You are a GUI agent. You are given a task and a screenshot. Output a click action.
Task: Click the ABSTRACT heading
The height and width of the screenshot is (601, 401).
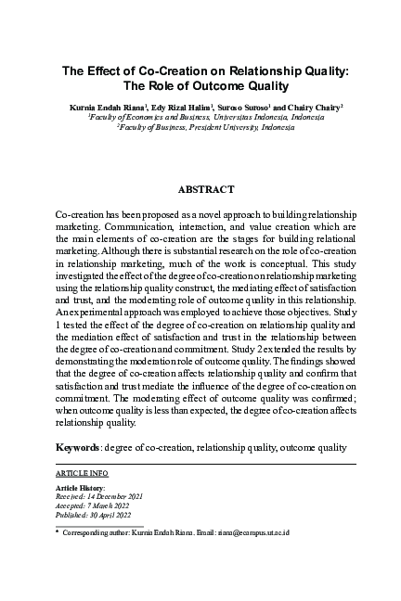click(206, 189)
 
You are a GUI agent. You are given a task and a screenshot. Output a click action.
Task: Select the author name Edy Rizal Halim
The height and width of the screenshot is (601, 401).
click(183, 108)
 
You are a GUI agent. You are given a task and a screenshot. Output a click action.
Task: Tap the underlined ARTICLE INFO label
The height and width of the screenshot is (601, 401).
click(80, 472)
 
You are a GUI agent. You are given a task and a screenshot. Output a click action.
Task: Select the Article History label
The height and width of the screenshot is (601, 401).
click(81, 487)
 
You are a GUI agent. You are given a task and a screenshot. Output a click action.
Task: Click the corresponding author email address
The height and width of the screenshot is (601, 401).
click(305, 534)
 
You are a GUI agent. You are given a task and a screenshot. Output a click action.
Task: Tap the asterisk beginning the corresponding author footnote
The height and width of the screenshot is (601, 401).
click(58, 534)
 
